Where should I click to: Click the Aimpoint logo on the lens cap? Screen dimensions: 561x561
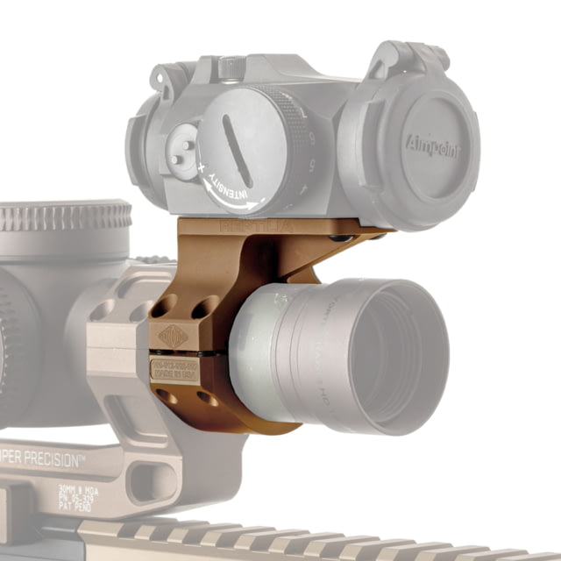432,141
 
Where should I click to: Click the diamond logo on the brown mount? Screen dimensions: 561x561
174,337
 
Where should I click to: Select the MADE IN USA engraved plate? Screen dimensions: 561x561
175,368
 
